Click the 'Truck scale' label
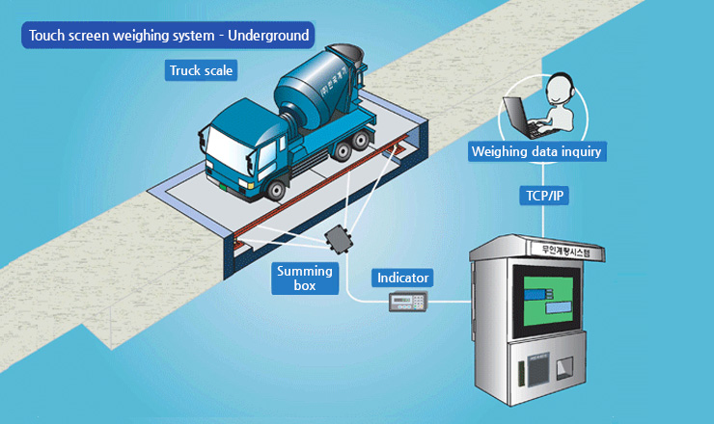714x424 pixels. pyautogui.click(x=201, y=70)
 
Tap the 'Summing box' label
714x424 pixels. pyautogui.click(x=304, y=278)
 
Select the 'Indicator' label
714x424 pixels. pyautogui.click(x=402, y=278)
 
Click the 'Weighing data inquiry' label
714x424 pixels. pyautogui.click(x=536, y=151)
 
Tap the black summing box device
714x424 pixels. pyautogui.click(x=341, y=238)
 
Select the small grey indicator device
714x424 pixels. pyautogui.click(x=407, y=303)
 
